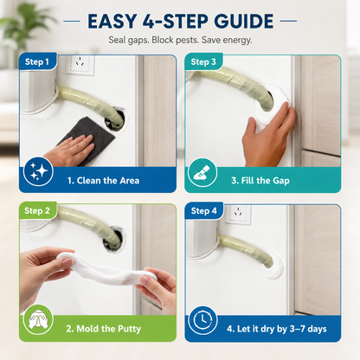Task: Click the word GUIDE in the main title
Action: tap(244, 21)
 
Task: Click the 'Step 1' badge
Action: tap(37, 61)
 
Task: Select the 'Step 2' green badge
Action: tap(37, 210)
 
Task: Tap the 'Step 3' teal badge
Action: tap(203, 61)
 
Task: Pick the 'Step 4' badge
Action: tap(203, 211)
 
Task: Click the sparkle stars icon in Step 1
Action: tap(38, 171)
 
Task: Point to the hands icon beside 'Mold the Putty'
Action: tap(38, 319)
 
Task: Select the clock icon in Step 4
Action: tap(202, 320)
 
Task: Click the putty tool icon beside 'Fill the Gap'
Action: tap(202, 172)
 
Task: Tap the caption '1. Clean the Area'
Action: tap(103, 181)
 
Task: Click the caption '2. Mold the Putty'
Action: tap(104, 329)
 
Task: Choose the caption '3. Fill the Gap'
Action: tap(260, 181)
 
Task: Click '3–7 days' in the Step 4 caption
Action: tap(308, 329)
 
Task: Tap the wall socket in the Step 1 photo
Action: tap(80, 64)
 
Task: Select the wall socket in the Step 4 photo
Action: tap(238, 215)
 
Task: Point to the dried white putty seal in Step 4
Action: tap(273, 268)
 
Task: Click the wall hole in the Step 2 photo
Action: tap(115, 239)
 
